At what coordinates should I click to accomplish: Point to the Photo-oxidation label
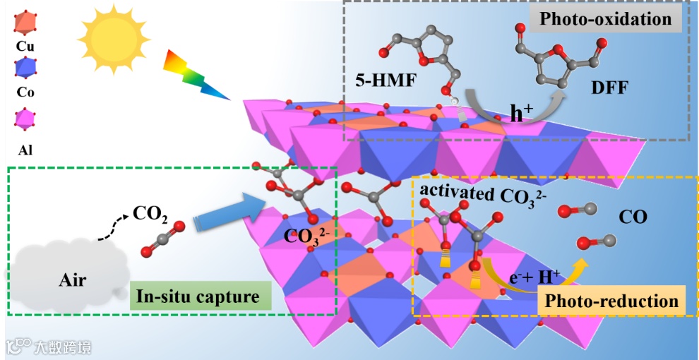click(605, 18)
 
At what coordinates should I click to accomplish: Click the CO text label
click(633, 217)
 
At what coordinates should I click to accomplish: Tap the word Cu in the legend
click(25, 47)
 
